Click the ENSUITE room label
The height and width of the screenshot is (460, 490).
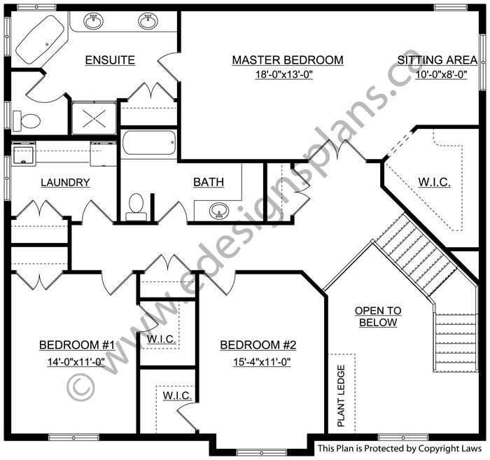(x=110, y=60)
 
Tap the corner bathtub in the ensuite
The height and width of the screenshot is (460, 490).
(x=40, y=40)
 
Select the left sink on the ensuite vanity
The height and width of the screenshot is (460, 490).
(x=93, y=21)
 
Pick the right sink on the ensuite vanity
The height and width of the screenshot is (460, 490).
(x=148, y=21)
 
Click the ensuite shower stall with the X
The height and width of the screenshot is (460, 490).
(x=94, y=118)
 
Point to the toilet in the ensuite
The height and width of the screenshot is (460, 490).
(x=27, y=120)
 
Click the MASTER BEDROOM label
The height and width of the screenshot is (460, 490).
(x=288, y=60)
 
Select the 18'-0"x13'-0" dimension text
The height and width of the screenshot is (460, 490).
(x=284, y=74)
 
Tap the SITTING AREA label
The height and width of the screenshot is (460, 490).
(x=437, y=60)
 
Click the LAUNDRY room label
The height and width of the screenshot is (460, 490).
(x=65, y=182)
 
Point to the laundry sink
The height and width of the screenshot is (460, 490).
(x=23, y=155)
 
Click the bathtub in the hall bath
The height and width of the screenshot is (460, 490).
(x=149, y=143)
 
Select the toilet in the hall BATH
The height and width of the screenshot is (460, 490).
(x=136, y=207)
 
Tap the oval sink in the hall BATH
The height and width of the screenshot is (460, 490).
(x=219, y=211)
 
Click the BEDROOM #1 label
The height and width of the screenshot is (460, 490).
(x=77, y=345)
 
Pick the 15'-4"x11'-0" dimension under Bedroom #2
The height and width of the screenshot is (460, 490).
(x=262, y=362)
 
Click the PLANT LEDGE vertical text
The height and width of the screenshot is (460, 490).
(x=342, y=396)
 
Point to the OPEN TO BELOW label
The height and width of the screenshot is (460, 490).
(x=378, y=316)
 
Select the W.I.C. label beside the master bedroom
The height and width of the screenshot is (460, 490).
(x=435, y=182)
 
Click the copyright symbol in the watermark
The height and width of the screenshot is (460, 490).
(x=80, y=387)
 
